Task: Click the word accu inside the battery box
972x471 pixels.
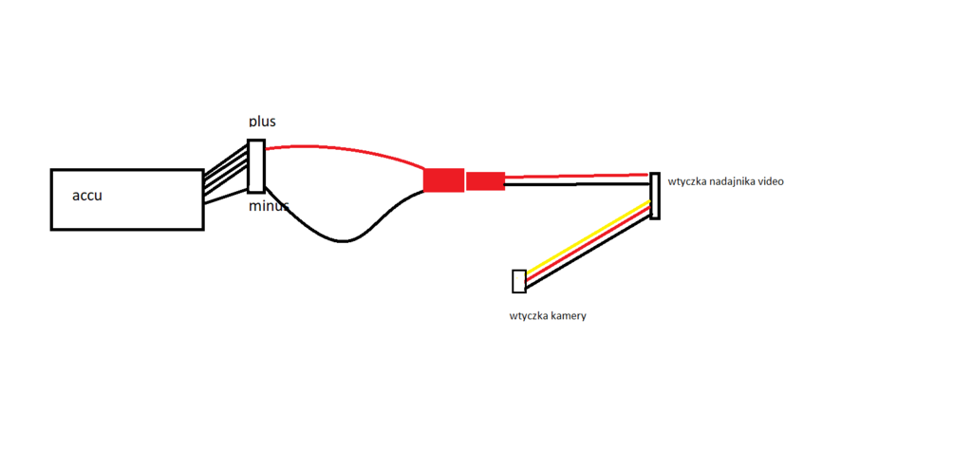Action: (x=87, y=197)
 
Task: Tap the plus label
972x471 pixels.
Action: (x=263, y=121)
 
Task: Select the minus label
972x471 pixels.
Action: (x=269, y=206)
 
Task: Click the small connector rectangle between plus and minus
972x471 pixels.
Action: (x=255, y=166)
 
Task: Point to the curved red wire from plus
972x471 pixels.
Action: (x=342, y=149)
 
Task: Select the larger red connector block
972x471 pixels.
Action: (x=443, y=179)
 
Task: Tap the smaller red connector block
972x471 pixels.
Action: (x=485, y=180)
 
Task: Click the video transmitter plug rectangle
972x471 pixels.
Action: (x=654, y=196)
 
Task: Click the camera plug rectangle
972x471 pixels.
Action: (x=518, y=281)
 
